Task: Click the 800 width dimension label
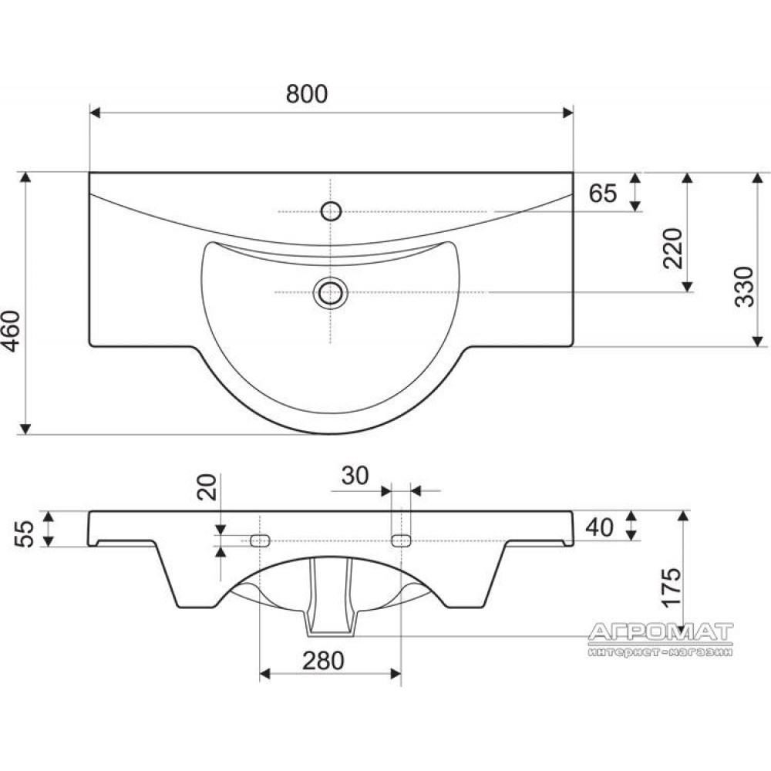(306, 94)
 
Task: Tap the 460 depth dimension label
(12, 332)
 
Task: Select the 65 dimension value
(603, 194)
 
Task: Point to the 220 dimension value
(673, 248)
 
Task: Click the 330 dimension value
(744, 287)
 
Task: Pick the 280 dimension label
(323, 662)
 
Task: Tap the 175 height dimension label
(672, 588)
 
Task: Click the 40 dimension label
(599, 527)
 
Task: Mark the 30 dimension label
(355, 476)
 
